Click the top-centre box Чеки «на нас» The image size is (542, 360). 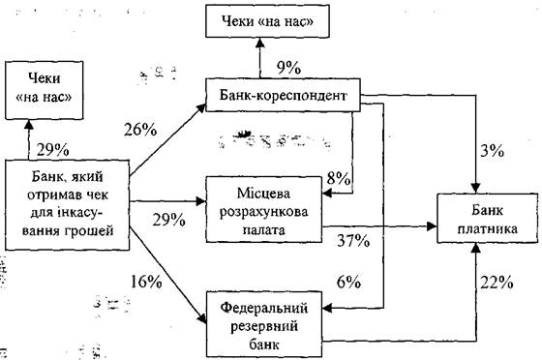(x=267, y=21)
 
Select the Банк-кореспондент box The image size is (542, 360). (x=283, y=95)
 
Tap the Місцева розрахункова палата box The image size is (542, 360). (x=263, y=209)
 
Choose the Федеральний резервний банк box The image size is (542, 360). (x=264, y=324)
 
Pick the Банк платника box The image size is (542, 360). (x=488, y=219)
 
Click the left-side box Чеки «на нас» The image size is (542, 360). (x=45, y=91)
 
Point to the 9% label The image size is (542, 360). (x=288, y=69)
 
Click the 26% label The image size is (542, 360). (x=140, y=131)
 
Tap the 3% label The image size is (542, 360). (x=492, y=151)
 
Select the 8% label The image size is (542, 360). (x=339, y=179)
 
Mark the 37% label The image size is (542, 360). (x=353, y=241)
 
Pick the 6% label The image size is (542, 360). (x=348, y=283)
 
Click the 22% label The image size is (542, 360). (x=497, y=283)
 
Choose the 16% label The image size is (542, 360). (x=146, y=282)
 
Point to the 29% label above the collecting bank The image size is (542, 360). (x=52, y=150)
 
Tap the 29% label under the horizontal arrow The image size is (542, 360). (x=168, y=220)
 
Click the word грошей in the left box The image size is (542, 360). (x=91, y=230)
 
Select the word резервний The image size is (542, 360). (x=264, y=326)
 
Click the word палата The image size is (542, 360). (x=263, y=229)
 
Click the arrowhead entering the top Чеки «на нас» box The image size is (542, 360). (x=260, y=43)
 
